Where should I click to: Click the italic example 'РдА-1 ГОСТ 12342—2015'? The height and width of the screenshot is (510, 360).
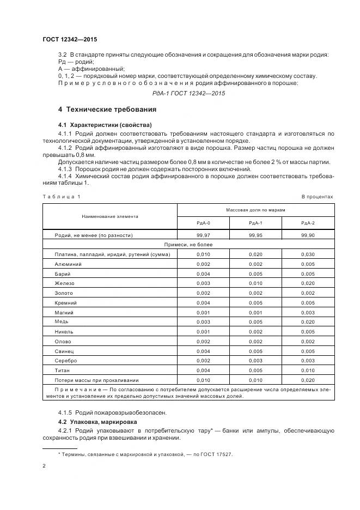tap(188, 93)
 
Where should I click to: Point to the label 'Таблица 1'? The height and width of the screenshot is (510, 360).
tap(61, 196)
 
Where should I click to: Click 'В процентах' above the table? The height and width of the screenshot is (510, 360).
tap(318, 196)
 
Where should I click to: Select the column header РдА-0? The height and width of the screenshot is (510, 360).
tap(203, 223)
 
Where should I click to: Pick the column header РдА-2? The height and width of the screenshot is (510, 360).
tap(308, 223)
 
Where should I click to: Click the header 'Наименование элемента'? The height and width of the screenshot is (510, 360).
tap(110, 216)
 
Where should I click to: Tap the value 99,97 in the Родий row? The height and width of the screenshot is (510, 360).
tap(203, 235)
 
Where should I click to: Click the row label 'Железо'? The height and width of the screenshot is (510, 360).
tap(64, 283)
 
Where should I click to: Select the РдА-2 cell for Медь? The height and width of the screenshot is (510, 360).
tap(308, 321)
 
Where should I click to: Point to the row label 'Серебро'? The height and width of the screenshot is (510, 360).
tap(66, 360)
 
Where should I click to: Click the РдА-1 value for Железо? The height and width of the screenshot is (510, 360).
tap(256, 283)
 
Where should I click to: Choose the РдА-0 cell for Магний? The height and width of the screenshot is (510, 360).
tap(203, 312)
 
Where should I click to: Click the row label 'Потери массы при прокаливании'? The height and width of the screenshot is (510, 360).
tap(96, 380)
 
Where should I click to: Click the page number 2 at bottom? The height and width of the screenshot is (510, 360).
tap(44, 466)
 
